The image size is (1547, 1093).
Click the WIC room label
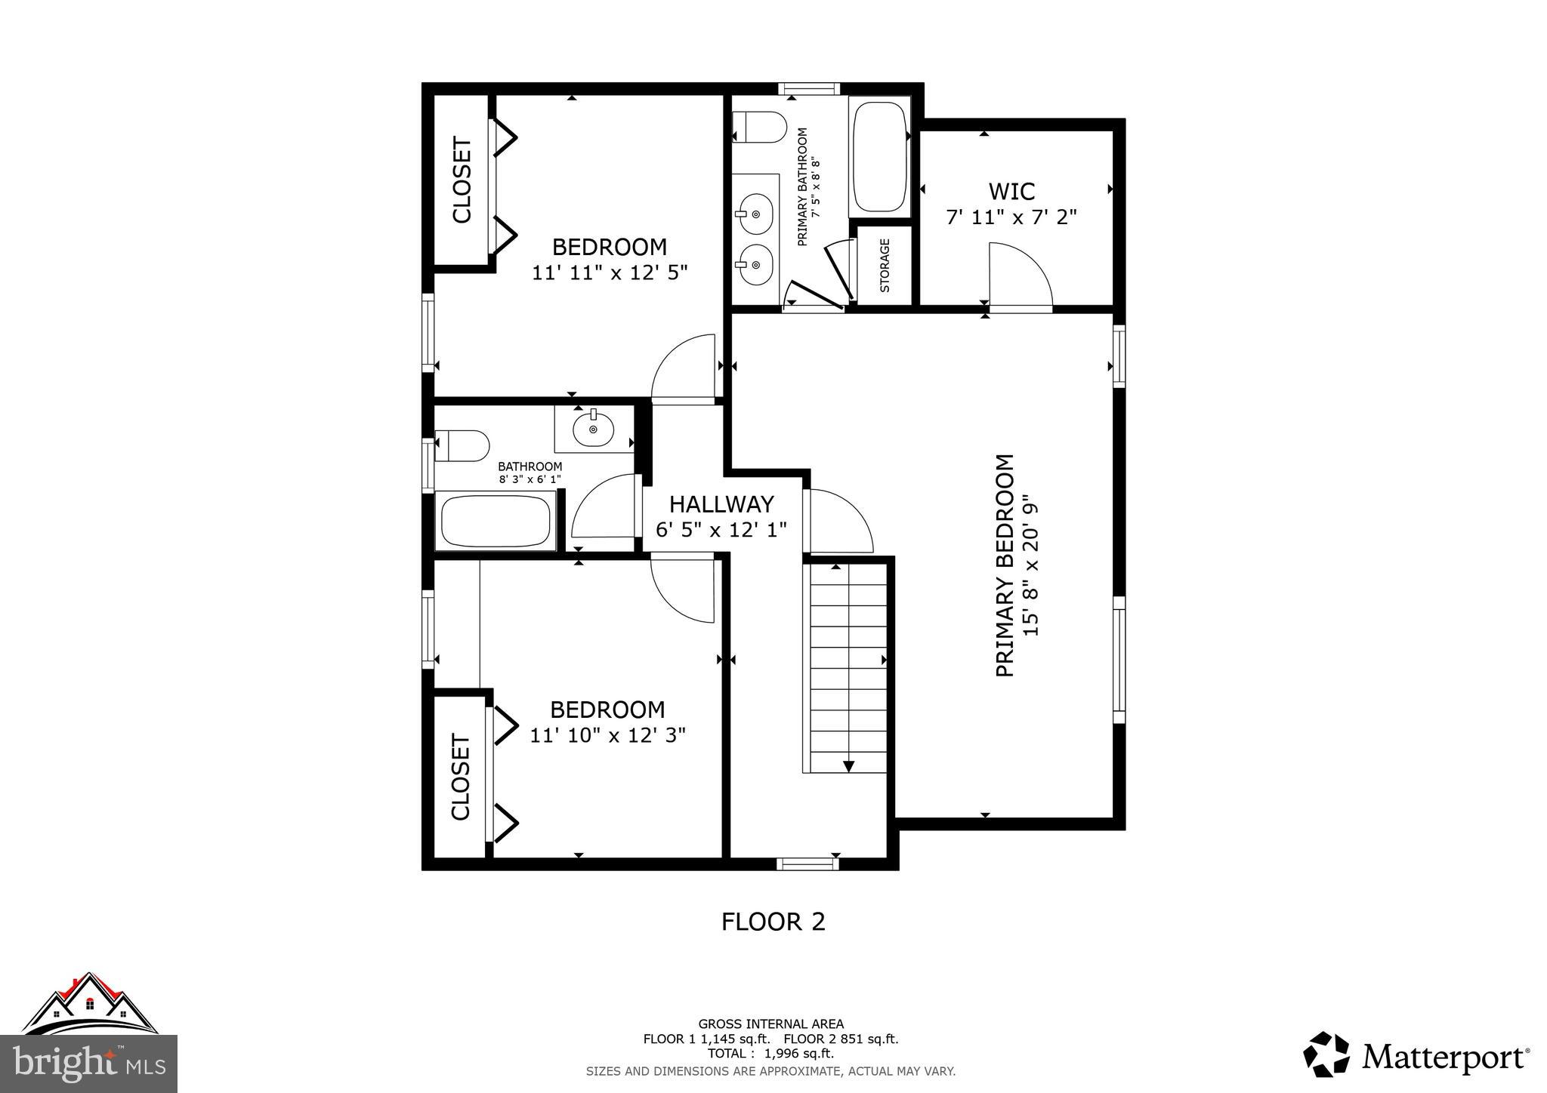click(1011, 191)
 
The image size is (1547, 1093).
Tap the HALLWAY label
click(721, 503)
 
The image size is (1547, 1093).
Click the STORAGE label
click(885, 265)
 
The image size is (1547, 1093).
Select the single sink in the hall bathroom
click(593, 430)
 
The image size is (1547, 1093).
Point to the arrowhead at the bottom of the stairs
click(848, 766)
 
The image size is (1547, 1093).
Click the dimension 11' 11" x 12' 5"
click(610, 272)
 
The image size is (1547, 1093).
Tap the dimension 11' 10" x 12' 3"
click(607, 734)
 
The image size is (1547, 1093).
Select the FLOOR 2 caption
click(773, 922)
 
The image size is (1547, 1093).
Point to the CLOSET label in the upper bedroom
click(462, 180)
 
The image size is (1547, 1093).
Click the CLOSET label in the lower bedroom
click(460, 777)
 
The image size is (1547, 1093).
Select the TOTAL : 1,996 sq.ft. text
click(770, 1054)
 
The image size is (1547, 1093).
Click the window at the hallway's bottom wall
click(807, 863)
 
